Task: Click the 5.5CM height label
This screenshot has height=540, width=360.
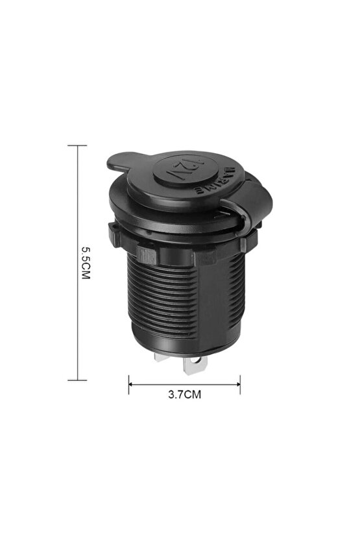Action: (x=85, y=262)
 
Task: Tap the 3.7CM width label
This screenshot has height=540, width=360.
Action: (x=184, y=395)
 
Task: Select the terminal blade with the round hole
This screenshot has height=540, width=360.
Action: (x=195, y=364)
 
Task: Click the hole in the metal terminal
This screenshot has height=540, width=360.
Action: (x=197, y=360)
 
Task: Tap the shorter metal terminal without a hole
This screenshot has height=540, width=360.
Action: (x=162, y=357)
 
